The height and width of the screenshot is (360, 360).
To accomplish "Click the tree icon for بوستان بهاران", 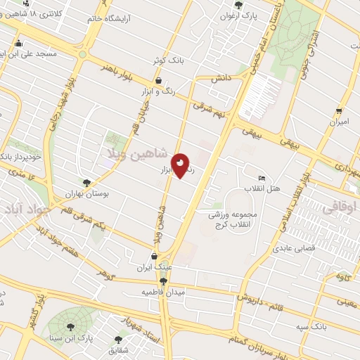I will pyautogui.click(x=86, y=181).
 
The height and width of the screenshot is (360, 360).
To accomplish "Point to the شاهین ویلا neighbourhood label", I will pyautogui.click(x=138, y=153).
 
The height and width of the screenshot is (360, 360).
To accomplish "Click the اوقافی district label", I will pyautogui.click(x=340, y=208).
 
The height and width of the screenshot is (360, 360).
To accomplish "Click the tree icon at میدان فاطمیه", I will pyautogui.click(x=163, y=281).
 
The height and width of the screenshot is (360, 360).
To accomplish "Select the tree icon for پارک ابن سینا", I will pyautogui.click(x=70, y=327).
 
